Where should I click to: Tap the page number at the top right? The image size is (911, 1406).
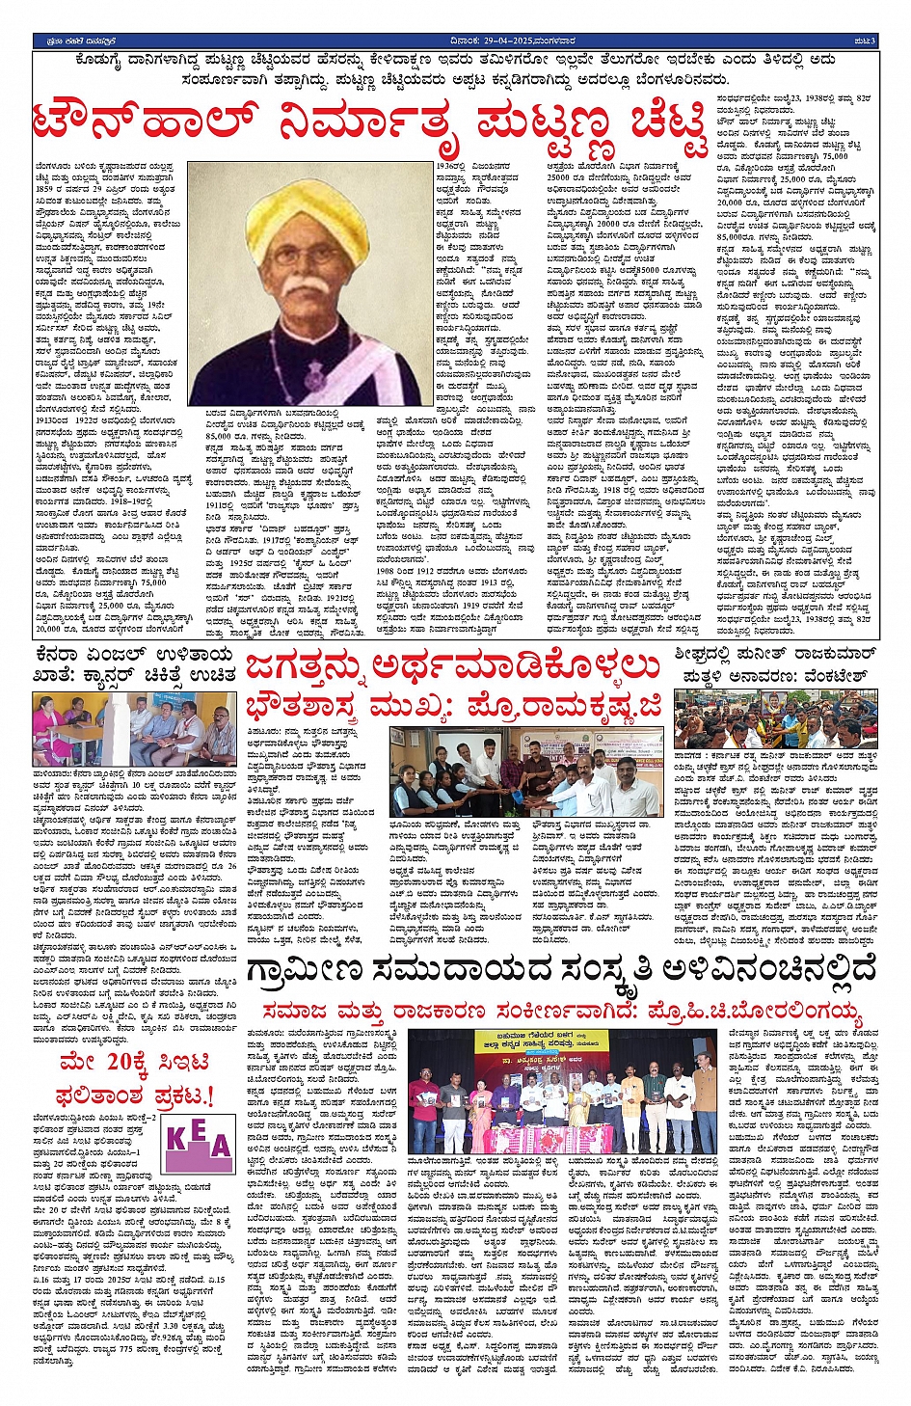866,41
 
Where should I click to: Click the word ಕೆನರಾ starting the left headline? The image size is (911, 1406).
62,656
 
